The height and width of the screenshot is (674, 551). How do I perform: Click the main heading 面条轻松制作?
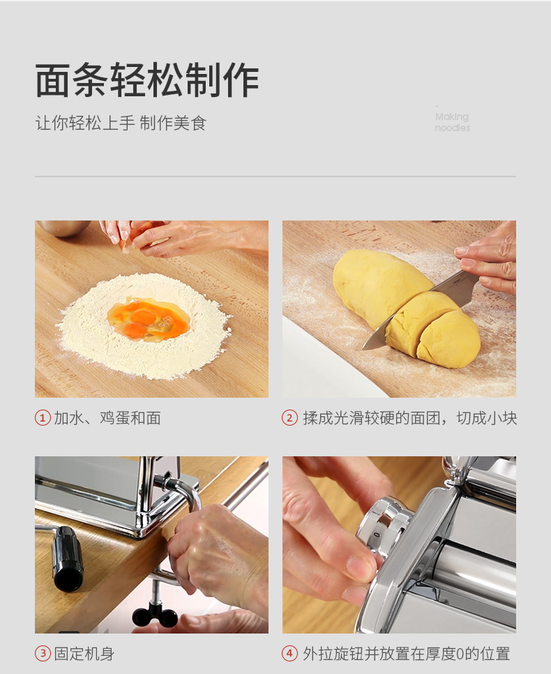click(147, 80)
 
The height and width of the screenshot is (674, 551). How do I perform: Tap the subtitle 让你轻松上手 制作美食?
click(121, 123)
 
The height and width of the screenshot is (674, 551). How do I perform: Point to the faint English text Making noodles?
click(452, 122)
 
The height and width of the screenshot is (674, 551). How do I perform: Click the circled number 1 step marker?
click(43, 418)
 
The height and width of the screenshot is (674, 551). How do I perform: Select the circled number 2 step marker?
click(289, 418)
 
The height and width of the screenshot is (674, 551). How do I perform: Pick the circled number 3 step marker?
click(43, 653)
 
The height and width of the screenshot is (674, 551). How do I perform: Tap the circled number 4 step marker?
click(289, 653)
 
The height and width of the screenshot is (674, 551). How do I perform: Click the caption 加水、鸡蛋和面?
click(107, 418)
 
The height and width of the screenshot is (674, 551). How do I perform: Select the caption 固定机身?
click(84, 653)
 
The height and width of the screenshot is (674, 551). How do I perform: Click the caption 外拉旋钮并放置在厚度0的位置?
click(406, 653)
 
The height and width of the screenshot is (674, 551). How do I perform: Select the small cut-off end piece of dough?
click(448, 340)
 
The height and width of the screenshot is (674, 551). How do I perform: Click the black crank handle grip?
click(68, 558)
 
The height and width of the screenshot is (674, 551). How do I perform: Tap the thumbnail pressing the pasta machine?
click(359, 567)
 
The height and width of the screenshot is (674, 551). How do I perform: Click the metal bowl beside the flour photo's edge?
click(63, 228)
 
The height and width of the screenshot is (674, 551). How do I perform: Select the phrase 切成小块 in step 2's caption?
click(487, 418)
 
